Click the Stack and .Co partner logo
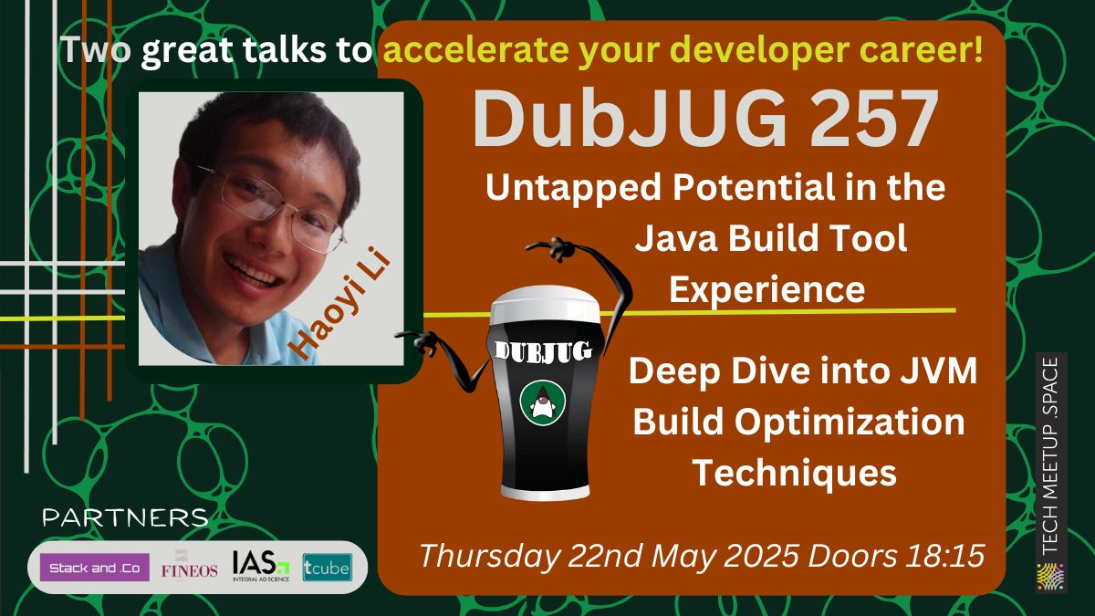click(x=95, y=568)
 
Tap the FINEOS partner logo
click(x=190, y=569)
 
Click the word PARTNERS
click(x=125, y=518)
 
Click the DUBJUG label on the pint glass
click(x=542, y=350)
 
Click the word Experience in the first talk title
click(x=766, y=289)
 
